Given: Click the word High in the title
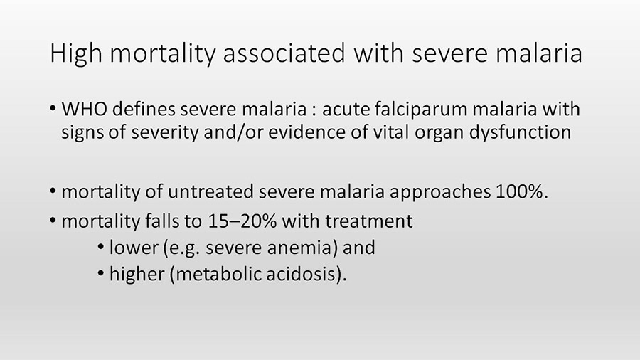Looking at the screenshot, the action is (76, 53).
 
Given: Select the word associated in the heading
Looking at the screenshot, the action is (284, 53).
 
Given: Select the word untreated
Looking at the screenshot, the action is (210, 191).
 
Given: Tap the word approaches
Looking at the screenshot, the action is (440, 192).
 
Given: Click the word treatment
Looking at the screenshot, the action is (368, 221).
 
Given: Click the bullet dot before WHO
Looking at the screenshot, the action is (53, 109).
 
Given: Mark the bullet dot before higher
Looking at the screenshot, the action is (101, 273).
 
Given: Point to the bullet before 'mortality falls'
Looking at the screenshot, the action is (53, 221).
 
